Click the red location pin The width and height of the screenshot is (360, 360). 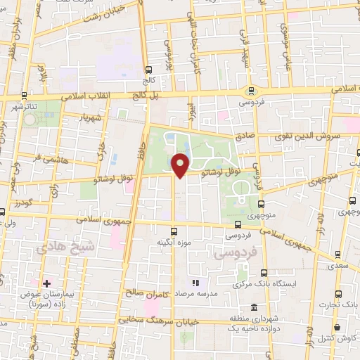click(181, 166)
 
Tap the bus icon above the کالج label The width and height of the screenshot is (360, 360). click(148, 70)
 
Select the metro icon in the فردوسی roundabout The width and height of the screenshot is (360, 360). click(251, 90)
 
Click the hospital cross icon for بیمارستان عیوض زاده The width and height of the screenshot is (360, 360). click(46, 283)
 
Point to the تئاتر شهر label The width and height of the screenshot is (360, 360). click(22, 105)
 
